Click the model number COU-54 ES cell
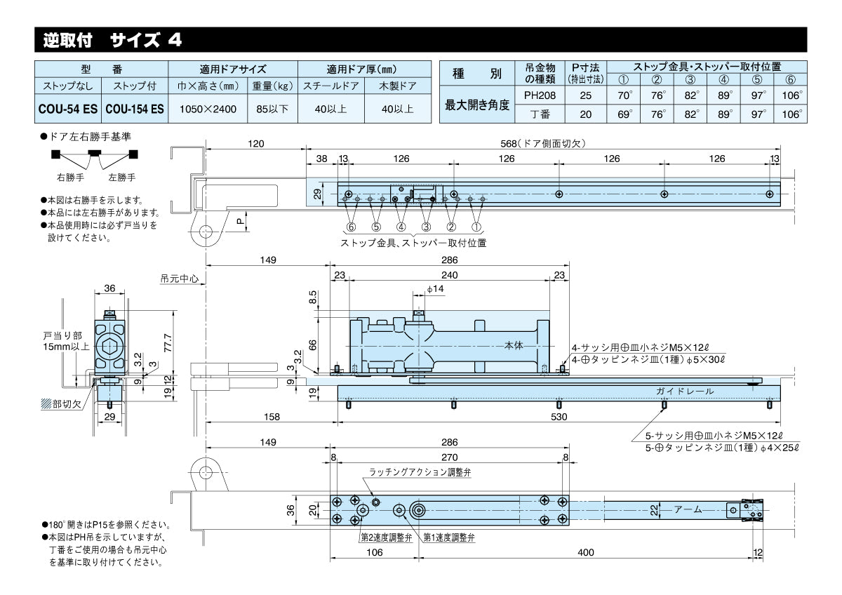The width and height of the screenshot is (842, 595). pos(69,109)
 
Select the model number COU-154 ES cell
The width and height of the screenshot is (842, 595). pos(135,109)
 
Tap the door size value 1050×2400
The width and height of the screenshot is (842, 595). pos(208,109)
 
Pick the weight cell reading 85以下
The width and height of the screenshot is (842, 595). pos(273,109)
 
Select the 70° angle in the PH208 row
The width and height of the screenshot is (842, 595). pos(624,94)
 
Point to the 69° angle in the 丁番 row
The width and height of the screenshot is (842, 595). pos(624,113)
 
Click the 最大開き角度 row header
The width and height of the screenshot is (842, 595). pos(477,104)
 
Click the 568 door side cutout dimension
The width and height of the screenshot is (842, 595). pos(542,144)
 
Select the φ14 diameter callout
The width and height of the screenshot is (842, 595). pos(435,289)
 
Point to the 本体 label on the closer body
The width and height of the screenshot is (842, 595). pos(515,345)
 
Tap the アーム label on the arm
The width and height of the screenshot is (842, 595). pos(688,509)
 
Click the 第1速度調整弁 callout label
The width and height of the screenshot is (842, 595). pos(448,537)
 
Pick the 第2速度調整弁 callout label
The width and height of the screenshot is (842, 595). pos(385,537)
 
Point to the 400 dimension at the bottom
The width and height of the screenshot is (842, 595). pos(585,552)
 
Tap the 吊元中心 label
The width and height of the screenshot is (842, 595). pos(179,279)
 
